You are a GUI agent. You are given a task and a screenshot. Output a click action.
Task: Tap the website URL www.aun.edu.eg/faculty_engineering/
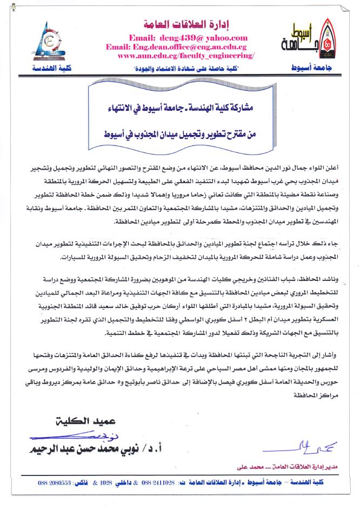185,56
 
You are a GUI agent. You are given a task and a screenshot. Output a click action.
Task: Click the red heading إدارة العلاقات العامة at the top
180,25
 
